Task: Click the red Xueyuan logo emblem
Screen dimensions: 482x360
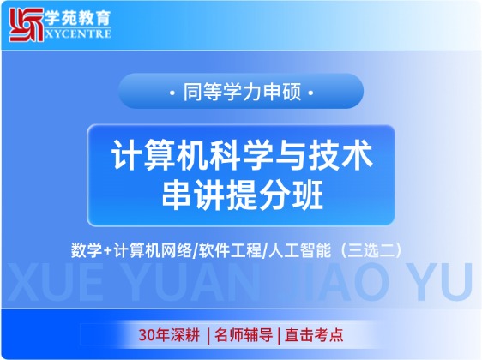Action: pos(26,25)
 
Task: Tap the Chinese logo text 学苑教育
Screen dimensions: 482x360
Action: pos(78,18)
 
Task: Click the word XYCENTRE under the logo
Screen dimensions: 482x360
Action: pos(78,33)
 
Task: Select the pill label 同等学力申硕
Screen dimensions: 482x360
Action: pos(242,92)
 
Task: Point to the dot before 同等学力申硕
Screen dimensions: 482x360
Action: pos(172,93)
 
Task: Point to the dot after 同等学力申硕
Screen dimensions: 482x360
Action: pos(310,93)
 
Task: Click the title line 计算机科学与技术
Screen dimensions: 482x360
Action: pos(242,155)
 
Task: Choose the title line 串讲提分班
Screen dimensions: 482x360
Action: pos(242,195)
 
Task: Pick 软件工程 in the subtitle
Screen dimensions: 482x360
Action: pos(230,250)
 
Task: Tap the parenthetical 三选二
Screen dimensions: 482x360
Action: pos(371,250)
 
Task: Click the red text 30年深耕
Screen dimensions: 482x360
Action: pos(169,335)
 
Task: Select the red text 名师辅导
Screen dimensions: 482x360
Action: pos(244,335)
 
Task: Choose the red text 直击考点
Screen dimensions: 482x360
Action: pos(314,335)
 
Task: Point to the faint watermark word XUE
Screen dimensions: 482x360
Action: pos(57,282)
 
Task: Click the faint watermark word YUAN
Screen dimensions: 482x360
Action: pos(190,282)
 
